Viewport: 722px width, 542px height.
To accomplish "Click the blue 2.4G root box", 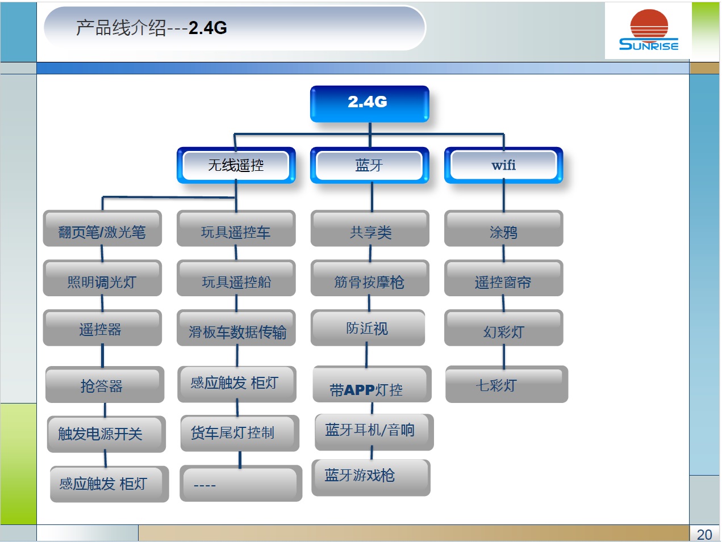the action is (369, 104).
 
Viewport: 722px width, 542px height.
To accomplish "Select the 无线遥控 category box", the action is (236, 165).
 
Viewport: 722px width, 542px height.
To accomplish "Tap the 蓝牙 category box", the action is (369, 165).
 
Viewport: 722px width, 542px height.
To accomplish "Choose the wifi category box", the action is (504, 165).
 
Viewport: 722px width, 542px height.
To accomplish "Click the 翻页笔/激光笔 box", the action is (102, 228).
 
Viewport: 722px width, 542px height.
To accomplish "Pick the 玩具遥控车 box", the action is (236, 228).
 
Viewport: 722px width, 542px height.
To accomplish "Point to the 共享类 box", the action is (370, 228).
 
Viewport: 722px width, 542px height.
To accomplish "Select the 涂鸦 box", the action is (504, 228).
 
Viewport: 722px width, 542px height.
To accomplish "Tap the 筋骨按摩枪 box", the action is (370, 278).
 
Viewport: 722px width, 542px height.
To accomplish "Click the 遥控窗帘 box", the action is (504, 278).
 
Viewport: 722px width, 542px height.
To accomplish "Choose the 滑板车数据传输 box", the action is (236, 327).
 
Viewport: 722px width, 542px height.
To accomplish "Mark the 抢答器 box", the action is (105, 384).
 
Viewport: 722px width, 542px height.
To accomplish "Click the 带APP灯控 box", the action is (372, 384).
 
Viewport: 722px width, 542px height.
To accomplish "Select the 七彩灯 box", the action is (507, 384).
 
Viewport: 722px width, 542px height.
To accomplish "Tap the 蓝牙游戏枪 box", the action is (371, 478).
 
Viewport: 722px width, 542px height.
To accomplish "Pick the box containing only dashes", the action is (241, 483).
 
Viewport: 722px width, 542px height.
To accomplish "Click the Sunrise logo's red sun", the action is (649, 24).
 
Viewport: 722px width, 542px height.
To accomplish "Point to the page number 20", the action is (704, 535).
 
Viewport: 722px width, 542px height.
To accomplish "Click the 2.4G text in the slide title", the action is (208, 28).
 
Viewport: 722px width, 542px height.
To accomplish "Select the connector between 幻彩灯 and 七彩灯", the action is (504, 356).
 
